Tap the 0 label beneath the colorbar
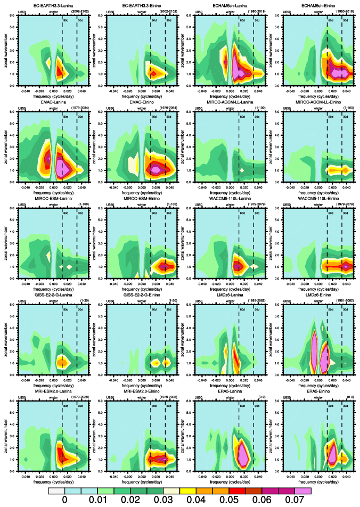[64, 500]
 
